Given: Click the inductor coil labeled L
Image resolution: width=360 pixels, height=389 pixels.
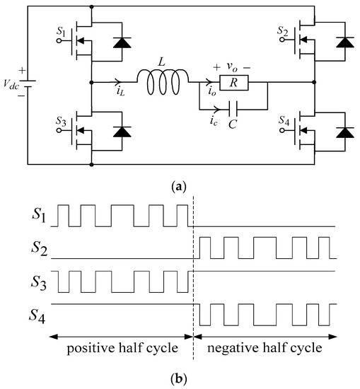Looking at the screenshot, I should click(x=168, y=82).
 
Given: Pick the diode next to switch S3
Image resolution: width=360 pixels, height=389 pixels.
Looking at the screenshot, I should click(x=122, y=132).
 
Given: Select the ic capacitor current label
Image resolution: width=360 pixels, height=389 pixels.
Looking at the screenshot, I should click(x=205, y=117).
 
